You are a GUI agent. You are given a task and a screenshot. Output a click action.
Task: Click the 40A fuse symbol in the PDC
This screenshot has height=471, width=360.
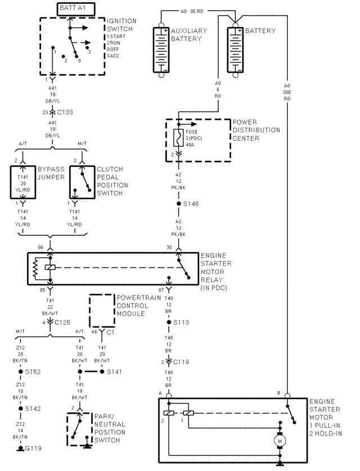178,137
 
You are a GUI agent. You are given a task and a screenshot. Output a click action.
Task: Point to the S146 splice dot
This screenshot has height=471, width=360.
178,203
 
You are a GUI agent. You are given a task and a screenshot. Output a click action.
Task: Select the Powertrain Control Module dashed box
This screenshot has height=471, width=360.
101,310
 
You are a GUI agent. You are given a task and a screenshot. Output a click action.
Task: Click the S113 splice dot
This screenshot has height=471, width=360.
169,322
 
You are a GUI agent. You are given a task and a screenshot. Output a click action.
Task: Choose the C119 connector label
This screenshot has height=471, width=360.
181,362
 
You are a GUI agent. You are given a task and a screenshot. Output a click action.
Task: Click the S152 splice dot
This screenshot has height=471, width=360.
20,371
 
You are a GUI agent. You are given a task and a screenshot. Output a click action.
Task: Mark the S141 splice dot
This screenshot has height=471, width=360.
102,371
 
